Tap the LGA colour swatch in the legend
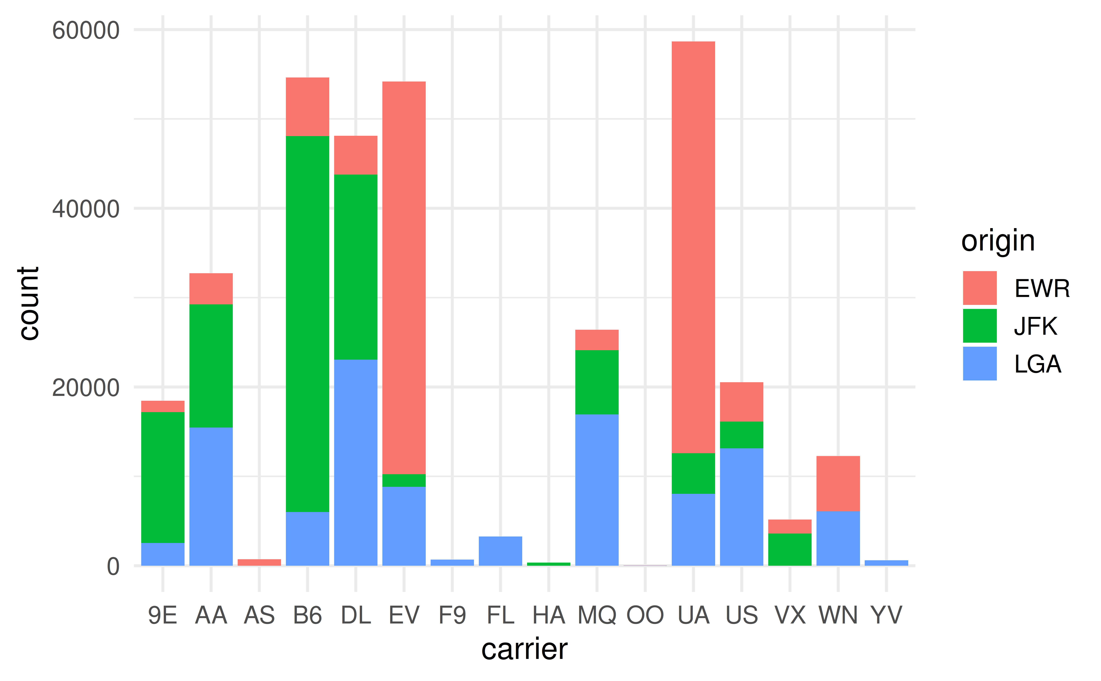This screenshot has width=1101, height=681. coord(980,364)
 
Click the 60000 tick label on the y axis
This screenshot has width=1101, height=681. coord(85,31)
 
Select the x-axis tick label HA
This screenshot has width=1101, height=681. coord(548,615)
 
